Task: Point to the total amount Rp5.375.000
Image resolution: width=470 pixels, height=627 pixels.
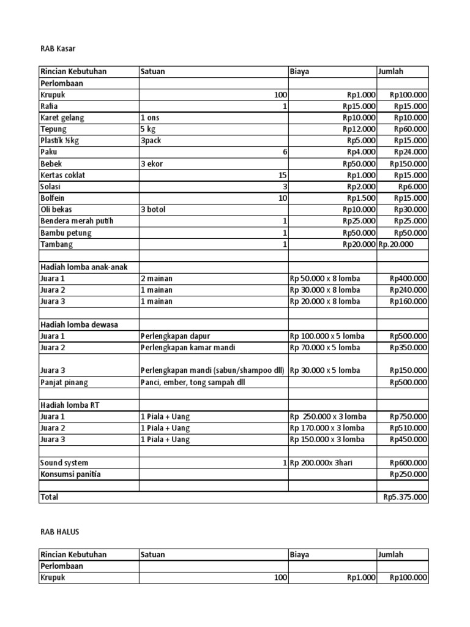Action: (x=405, y=497)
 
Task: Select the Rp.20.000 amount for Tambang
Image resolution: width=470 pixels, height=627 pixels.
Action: (x=396, y=244)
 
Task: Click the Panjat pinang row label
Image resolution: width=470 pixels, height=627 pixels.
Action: (x=64, y=383)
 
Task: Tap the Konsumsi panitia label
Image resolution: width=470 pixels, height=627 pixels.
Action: (x=70, y=475)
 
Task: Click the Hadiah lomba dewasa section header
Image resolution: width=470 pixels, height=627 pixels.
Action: (x=80, y=325)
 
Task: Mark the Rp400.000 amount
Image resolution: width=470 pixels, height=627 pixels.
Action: (x=409, y=279)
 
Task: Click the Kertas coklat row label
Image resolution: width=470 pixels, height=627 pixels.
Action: (x=63, y=175)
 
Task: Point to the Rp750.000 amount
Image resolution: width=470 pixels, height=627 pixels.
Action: (x=409, y=416)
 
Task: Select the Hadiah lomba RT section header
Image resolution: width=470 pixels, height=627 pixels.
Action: (x=71, y=405)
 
